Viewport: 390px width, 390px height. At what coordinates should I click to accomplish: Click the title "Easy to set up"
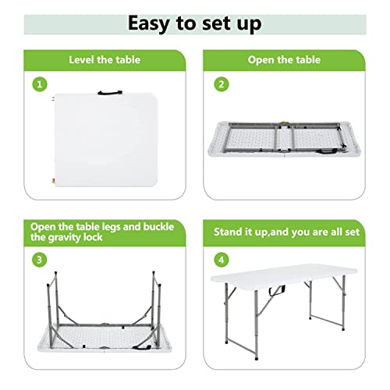[194, 23]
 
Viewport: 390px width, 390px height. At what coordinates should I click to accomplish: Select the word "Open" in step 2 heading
[262, 59]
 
